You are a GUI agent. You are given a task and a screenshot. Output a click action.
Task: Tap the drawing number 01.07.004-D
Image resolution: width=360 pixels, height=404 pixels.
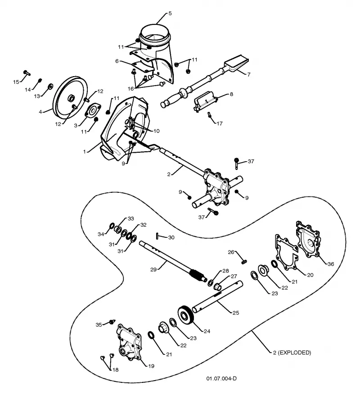tap(221, 378)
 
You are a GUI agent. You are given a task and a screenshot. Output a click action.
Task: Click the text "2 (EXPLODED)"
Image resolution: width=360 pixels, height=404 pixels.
tap(292, 353)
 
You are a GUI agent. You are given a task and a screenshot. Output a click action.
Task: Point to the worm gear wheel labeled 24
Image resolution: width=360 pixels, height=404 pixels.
tap(185, 315)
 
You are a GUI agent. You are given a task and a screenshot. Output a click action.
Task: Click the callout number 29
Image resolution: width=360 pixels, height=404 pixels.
tap(153, 269)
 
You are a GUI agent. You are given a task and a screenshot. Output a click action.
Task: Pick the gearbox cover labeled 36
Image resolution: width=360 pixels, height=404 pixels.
tap(308, 240)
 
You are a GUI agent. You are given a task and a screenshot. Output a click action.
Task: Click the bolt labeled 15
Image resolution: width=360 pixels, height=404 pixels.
tap(27, 73)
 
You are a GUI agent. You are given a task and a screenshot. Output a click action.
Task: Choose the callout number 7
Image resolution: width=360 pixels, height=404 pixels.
tap(248, 74)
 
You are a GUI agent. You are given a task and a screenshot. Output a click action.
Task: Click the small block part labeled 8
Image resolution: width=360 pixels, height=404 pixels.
tap(205, 101)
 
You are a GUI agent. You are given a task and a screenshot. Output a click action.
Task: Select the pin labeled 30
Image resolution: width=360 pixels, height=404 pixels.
tap(157, 236)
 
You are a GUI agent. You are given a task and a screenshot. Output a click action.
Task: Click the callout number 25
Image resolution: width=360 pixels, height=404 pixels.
tap(236, 313)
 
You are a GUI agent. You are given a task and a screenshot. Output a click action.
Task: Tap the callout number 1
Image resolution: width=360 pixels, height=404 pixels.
tap(84, 152)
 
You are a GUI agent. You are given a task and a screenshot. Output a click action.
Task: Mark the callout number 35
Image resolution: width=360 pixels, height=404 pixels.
tap(99, 325)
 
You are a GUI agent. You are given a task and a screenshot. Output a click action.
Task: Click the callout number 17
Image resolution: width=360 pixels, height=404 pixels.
tap(220, 123)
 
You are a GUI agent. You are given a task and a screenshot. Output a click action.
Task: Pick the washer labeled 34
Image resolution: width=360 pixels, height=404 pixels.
tap(112, 226)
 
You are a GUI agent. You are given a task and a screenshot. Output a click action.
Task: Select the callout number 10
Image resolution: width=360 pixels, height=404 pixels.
tap(156, 131)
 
